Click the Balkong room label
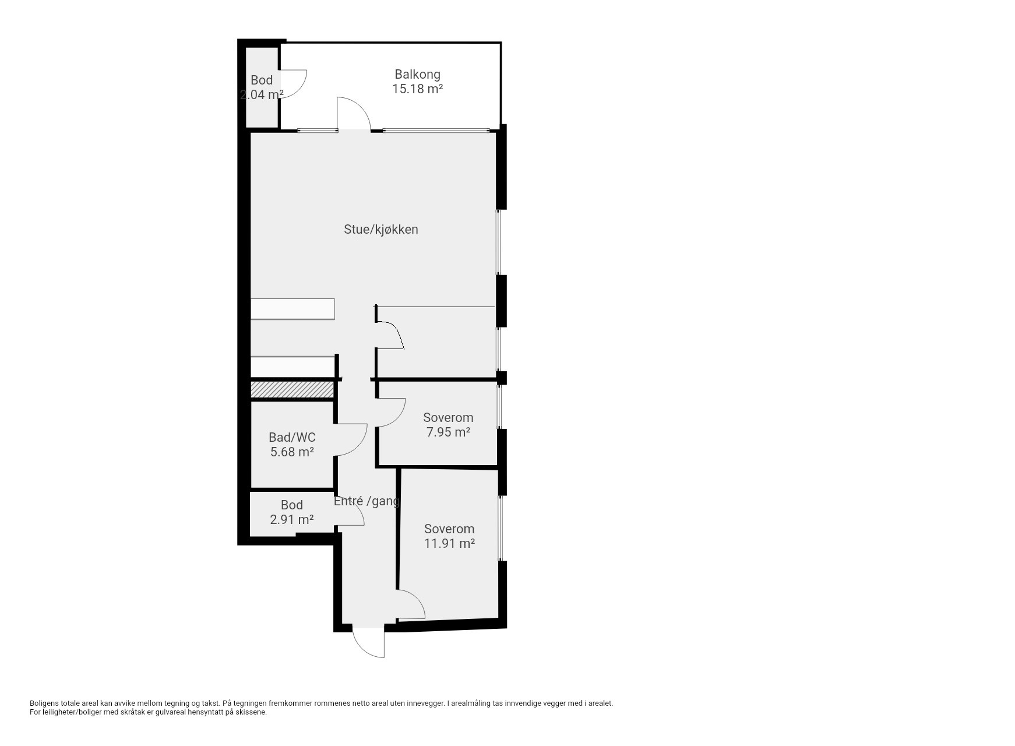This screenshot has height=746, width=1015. (417, 75)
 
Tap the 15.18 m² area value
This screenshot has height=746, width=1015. (417, 89)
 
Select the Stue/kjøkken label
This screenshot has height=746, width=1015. (381, 230)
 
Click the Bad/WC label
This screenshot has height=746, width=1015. (292, 437)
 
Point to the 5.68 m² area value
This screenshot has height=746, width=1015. (292, 452)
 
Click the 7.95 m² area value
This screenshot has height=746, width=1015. (448, 432)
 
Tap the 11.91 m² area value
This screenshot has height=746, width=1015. (449, 544)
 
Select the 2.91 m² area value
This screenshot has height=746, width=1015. (292, 519)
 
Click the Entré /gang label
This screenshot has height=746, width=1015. (366, 501)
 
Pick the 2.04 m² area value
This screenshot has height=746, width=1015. (262, 94)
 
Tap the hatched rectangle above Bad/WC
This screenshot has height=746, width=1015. (292, 390)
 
